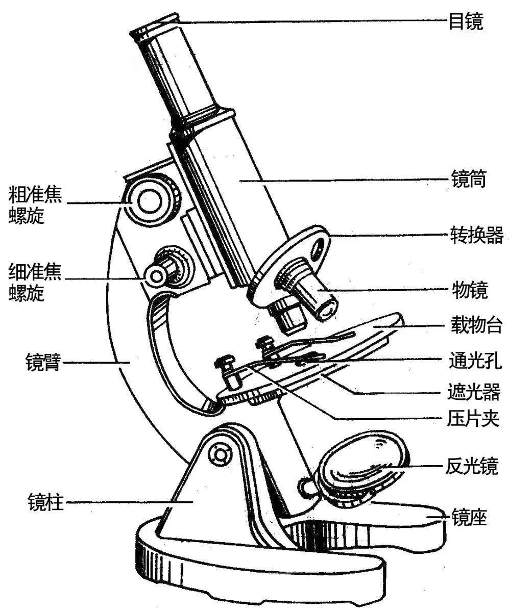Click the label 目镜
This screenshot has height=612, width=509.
tap(465, 22)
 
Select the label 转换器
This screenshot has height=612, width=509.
tap(476, 236)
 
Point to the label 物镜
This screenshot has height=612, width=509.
tap(470, 290)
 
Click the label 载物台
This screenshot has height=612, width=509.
tap(476, 325)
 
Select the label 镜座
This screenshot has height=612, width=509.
tap(469, 519)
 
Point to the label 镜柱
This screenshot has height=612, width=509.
tap(46, 502)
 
